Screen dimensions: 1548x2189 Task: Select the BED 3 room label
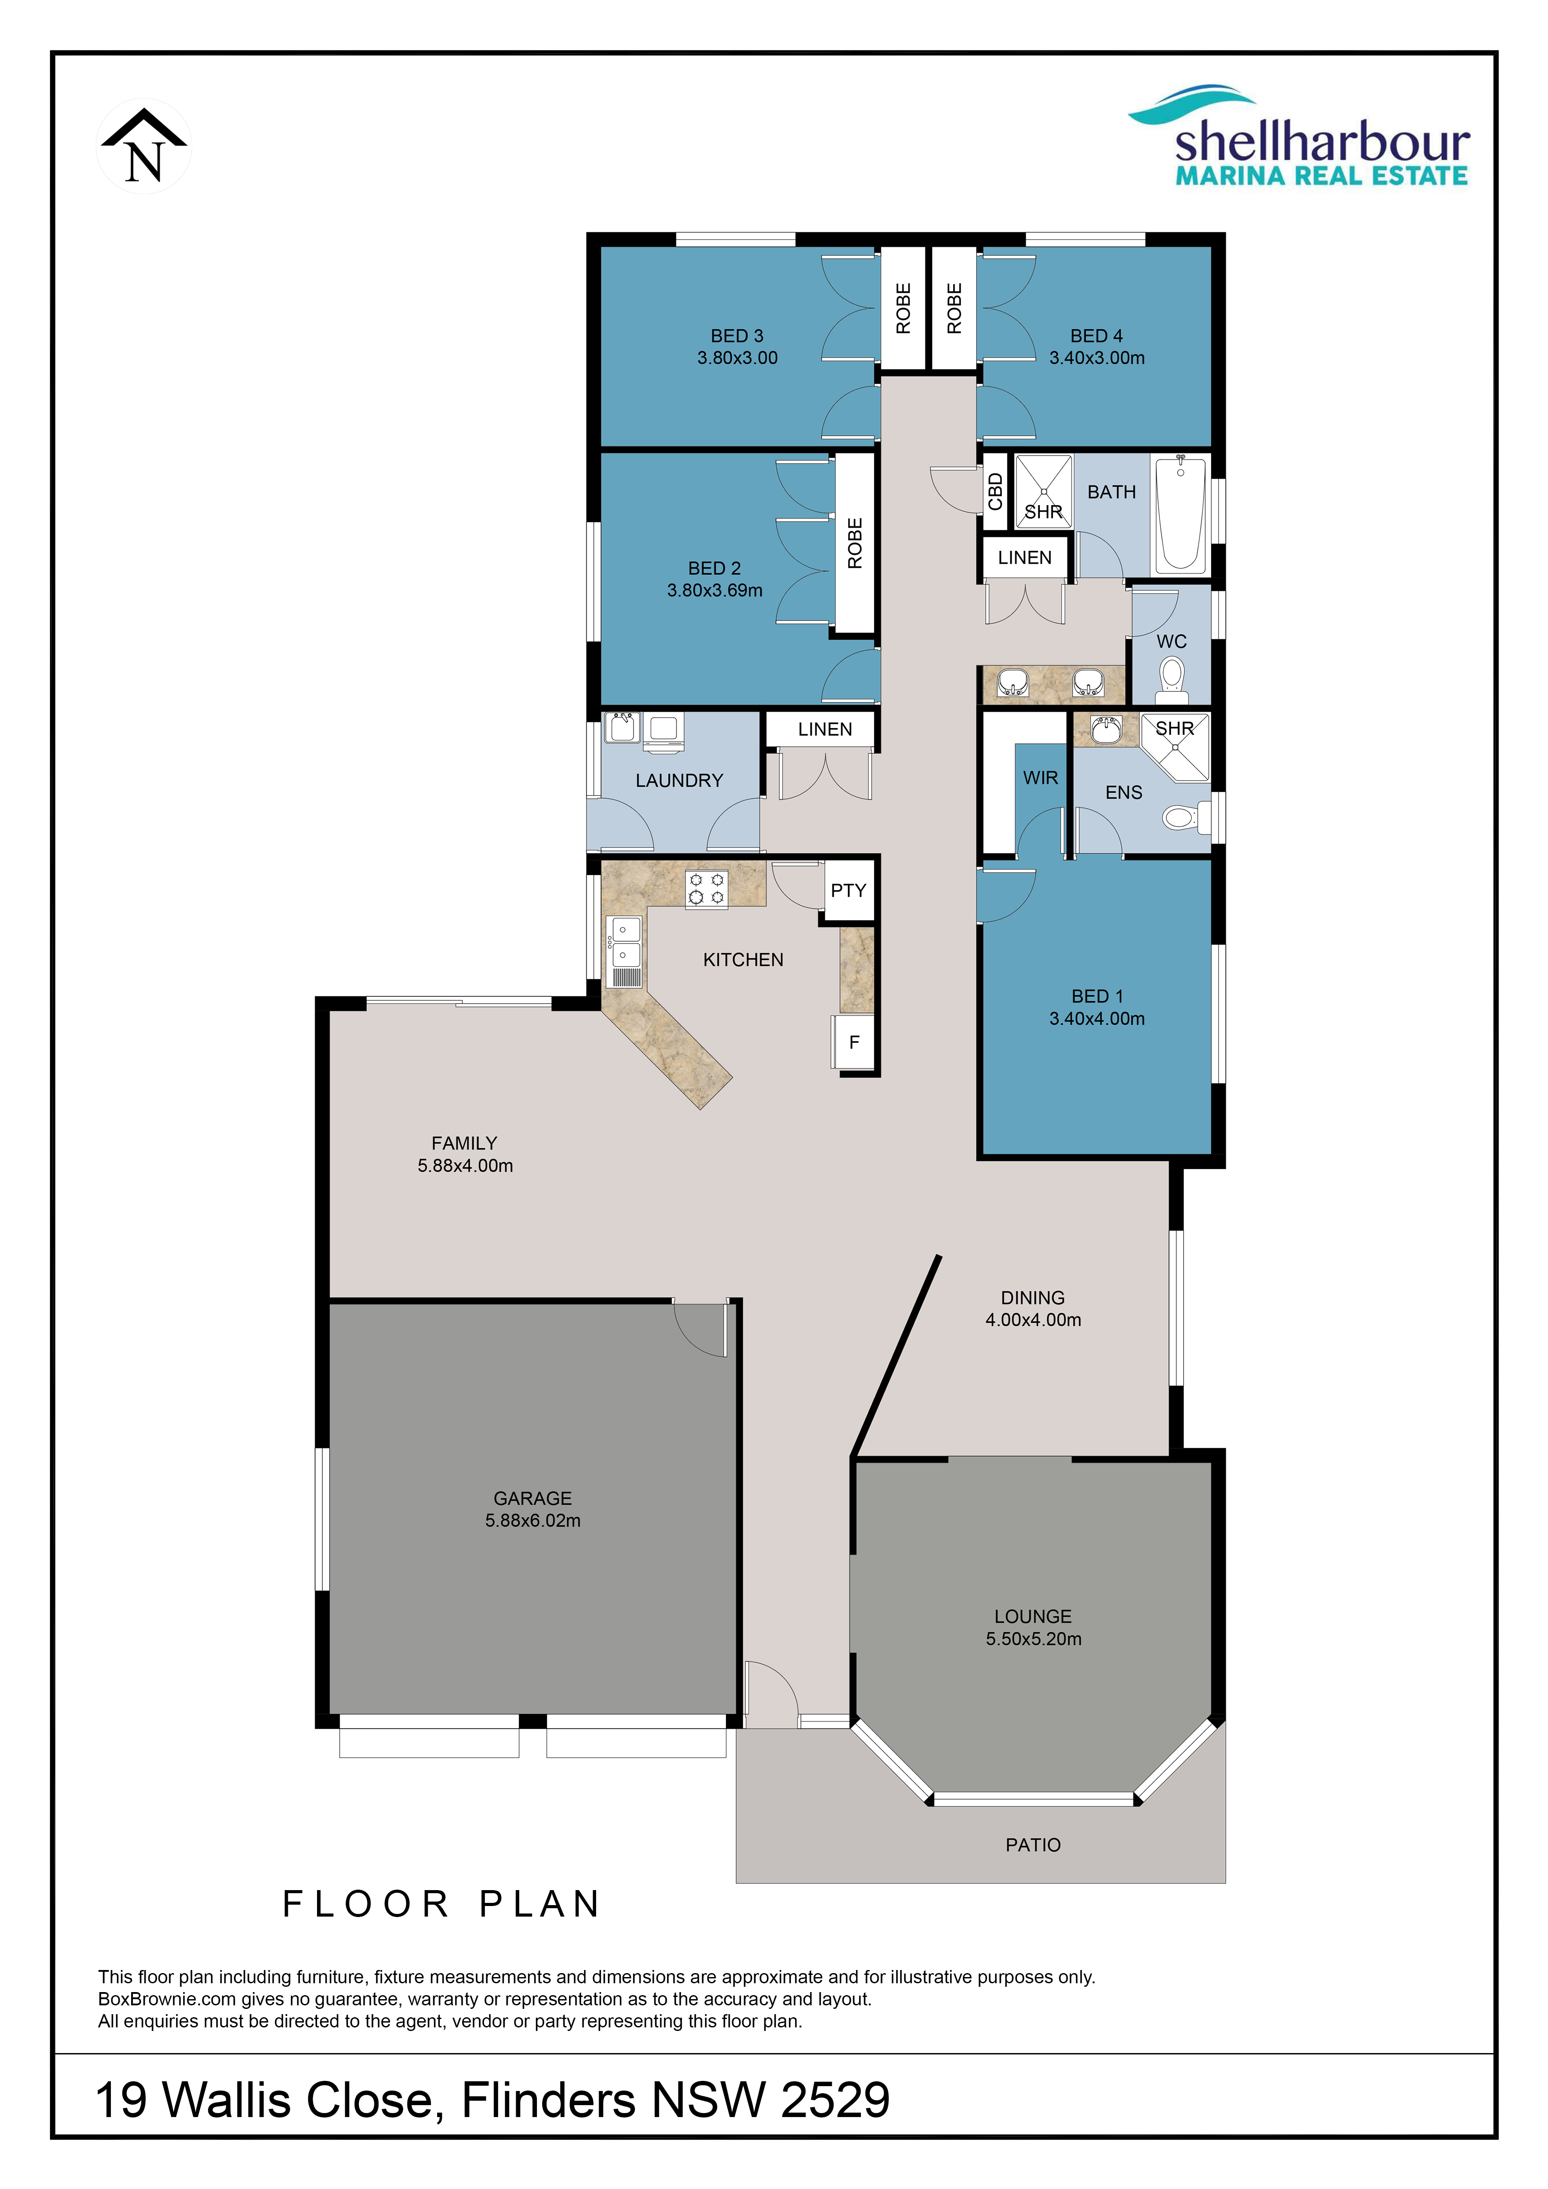coord(737,336)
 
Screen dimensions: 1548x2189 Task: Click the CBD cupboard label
coord(995,492)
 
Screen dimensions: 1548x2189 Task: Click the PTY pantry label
coord(848,891)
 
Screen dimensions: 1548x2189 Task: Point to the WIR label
coord(1040,778)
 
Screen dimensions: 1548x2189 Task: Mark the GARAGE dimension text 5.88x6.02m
coord(533,1521)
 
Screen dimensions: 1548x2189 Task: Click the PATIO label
coord(1033,1845)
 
